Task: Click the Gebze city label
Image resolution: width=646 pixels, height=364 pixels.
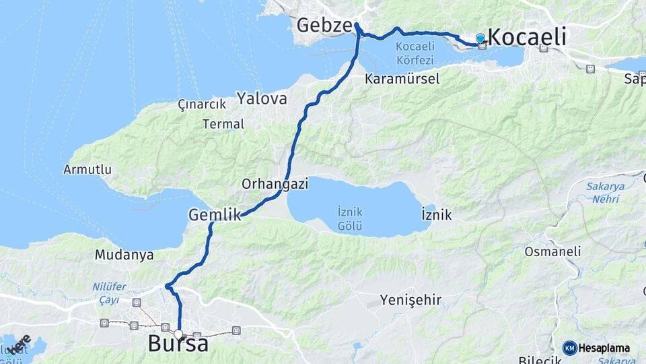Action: click(324, 26)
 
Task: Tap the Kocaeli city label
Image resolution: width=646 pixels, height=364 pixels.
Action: click(527, 36)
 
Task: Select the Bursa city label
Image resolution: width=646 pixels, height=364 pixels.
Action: click(178, 344)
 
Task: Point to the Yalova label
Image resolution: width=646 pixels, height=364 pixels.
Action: click(262, 99)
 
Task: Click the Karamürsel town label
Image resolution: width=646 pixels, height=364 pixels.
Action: click(402, 79)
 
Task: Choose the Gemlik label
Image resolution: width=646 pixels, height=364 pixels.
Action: click(215, 215)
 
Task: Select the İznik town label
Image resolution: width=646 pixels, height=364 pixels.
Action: click(436, 216)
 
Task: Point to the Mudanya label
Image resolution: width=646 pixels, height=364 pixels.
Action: click(124, 255)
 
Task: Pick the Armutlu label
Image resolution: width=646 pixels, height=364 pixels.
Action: click(87, 169)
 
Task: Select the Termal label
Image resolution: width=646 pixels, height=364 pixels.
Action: click(223, 124)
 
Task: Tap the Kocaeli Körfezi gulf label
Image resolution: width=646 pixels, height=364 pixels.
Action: click(419, 53)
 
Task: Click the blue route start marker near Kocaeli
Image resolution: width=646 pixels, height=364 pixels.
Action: click(480, 38)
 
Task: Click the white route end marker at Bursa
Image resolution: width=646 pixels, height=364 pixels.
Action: click(178, 334)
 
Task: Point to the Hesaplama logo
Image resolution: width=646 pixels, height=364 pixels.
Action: click(596, 348)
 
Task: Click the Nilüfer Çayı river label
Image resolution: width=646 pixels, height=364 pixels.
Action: click(109, 292)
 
